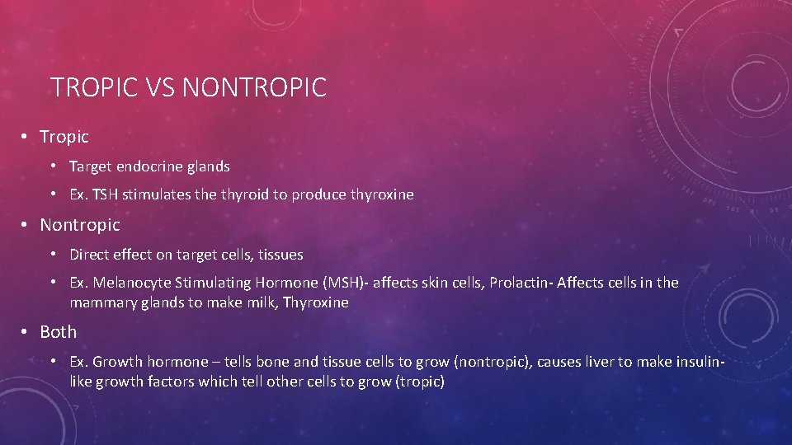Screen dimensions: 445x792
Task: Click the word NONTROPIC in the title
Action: coord(254,87)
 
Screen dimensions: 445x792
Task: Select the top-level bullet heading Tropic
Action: coord(64,136)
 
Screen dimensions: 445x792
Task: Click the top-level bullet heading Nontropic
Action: coord(80,224)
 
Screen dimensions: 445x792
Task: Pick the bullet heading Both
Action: coord(59,331)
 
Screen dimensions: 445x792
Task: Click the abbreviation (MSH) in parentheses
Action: coord(346,283)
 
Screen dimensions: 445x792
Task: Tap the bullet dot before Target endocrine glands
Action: coord(52,166)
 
